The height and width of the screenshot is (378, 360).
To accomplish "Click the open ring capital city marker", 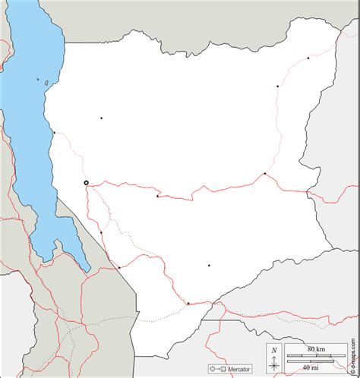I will [86, 182].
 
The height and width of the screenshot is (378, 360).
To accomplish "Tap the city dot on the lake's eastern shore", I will [54, 133].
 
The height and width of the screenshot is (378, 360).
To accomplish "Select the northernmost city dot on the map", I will [308, 58].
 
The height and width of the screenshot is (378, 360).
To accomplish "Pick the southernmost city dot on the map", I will [188, 303].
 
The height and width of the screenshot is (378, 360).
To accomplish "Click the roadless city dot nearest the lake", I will [101, 118].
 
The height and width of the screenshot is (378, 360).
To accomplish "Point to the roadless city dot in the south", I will [209, 266].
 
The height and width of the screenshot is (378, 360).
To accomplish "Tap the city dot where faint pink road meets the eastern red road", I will [264, 174].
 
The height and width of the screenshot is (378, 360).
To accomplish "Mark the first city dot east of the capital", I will [157, 196].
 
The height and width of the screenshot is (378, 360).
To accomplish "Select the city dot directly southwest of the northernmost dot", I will [277, 87].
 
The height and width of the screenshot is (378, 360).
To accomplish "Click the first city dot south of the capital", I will [100, 232].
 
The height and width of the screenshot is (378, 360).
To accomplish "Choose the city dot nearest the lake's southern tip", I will [118, 267].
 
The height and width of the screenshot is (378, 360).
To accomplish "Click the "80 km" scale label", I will [317, 348].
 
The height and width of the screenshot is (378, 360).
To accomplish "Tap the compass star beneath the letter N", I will [274, 364].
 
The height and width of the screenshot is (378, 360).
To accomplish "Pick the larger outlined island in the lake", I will [47, 82].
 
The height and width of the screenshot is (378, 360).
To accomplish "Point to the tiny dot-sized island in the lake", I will [37, 78].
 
